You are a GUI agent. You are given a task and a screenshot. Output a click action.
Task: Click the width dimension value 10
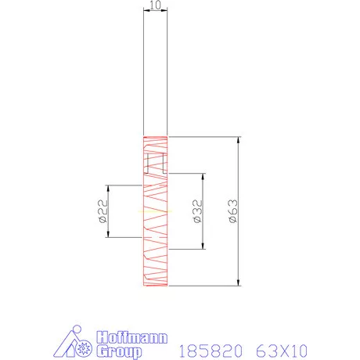[x=155, y=5]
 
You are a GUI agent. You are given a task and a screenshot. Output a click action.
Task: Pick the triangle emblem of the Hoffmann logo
[x=76, y=343]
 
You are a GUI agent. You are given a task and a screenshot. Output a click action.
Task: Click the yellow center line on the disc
[x=154, y=211]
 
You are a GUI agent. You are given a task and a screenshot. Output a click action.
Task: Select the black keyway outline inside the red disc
[x=155, y=164]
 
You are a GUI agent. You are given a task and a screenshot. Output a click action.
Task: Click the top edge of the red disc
[x=155, y=138]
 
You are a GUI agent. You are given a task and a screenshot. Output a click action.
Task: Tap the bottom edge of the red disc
[x=155, y=286]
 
